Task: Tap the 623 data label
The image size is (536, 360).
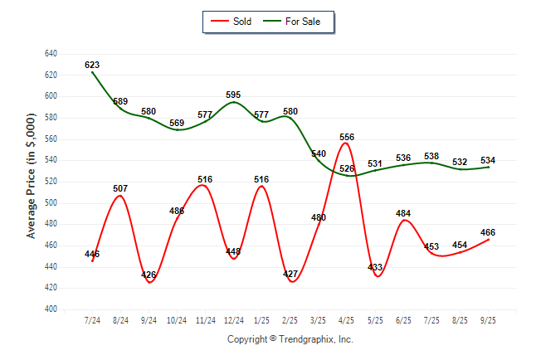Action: click(92, 65)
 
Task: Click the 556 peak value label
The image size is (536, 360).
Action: click(347, 137)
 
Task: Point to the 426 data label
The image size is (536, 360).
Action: click(149, 275)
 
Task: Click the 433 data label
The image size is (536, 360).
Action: click(375, 268)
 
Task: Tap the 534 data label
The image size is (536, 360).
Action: click(488, 160)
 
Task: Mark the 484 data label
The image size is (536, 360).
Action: click(403, 213)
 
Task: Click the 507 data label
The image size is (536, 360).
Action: click(121, 188)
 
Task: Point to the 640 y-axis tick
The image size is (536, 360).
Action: click(50, 54)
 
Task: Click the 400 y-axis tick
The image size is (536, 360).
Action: click(50, 309)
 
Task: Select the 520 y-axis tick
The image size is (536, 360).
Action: click(50, 182)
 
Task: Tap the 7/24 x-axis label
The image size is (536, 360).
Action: click(93, 319)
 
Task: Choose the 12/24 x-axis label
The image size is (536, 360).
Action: click(234, 319)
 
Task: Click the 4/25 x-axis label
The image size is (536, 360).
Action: click(347, 319)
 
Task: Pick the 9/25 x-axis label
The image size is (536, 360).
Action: click(488, 319)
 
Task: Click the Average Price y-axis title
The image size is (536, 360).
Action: click(31, 182)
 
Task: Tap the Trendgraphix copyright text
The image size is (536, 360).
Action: click(290, 339)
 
